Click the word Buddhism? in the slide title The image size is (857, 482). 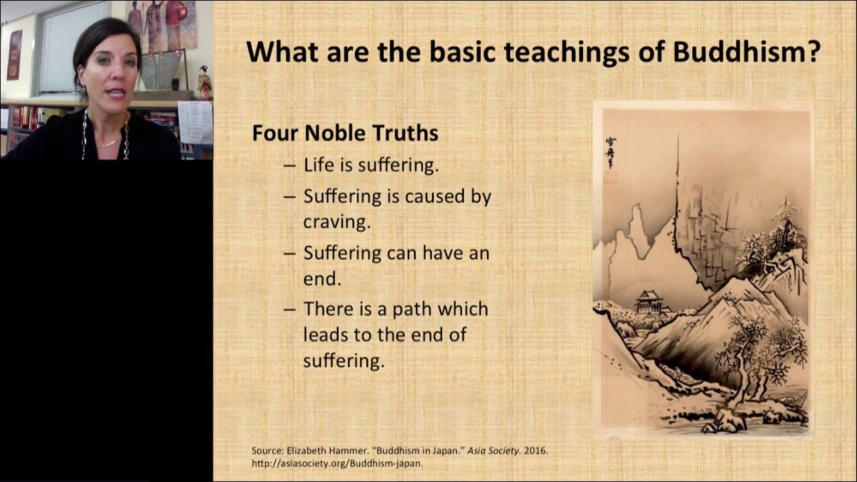click(747, 52)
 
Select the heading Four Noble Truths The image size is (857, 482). click(345, 133)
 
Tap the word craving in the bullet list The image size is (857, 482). click(337, 222)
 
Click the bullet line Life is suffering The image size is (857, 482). click(371, 165)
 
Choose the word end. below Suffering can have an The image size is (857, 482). click(322, 278)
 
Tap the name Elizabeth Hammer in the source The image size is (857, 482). click(321, 451)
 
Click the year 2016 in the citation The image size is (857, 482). click(535, 451)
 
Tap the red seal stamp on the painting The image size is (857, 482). click(611, 177)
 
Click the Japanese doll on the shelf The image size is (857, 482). click(205, 82)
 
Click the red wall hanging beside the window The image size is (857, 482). click(15, 55)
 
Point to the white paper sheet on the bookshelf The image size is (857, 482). click(196, 123)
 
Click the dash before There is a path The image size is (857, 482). click(290, 309)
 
